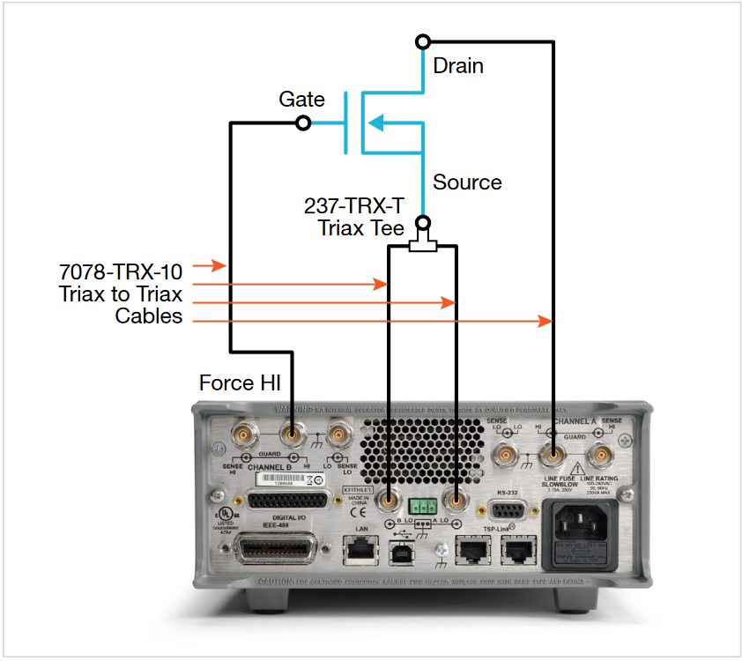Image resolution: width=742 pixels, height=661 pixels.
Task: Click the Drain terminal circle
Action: [x=424, y=41]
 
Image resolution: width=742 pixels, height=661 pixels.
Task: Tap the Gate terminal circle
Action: [x=303, y=123]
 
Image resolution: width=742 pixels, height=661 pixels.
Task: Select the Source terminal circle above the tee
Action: [x=423, y=221]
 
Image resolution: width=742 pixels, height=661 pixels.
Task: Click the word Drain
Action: [x=457, y=66]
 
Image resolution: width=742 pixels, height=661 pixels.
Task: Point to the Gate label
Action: [x=301, y=100]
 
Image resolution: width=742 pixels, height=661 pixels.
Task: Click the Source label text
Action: [x=467, y=182]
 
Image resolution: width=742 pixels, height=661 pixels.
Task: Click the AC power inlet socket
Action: [x=587, y=527]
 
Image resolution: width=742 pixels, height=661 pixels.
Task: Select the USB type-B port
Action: [x=398, y=552]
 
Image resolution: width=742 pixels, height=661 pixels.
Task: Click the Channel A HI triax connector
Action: [x=553, y=455]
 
